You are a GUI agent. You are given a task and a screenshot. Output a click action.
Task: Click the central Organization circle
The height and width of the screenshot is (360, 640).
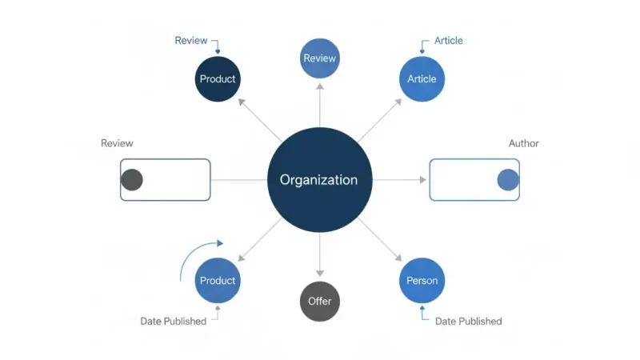(319, 180)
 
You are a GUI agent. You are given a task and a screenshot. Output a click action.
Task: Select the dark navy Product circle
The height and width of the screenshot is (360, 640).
(218, 79)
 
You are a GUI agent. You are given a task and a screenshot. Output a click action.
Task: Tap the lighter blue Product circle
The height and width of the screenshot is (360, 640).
(218, 281)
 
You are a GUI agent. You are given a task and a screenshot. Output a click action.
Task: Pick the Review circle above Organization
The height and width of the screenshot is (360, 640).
(319, 58)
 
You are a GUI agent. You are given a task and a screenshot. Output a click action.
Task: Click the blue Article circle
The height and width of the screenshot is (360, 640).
(422, 79)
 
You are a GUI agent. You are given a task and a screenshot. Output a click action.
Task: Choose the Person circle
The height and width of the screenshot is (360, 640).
(422, 281)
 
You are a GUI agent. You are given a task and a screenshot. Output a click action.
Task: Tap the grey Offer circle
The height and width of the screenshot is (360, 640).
(319, 302)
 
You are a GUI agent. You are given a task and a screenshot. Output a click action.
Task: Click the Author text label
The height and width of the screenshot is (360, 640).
(523, 143)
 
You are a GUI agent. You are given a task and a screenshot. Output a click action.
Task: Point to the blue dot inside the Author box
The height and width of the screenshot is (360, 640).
(508, 180)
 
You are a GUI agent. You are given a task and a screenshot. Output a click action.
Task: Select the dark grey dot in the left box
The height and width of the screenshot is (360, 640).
(132, 180)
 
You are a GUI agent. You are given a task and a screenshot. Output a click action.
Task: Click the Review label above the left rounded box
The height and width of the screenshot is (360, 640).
(117, 143)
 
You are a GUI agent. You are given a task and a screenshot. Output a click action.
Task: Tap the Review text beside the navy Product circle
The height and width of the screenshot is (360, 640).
(190, 41)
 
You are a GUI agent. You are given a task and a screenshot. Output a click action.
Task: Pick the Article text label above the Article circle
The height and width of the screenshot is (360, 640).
(448, 41)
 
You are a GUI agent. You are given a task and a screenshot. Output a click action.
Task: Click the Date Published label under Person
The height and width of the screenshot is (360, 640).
(468, 321)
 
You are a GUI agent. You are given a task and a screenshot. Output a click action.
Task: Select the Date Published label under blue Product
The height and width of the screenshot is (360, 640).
(173, 321)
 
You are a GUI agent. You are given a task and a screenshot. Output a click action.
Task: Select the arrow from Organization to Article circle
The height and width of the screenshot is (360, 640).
(381, 119)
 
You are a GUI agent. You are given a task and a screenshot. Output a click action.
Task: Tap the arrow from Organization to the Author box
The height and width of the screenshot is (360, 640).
(400, 180)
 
